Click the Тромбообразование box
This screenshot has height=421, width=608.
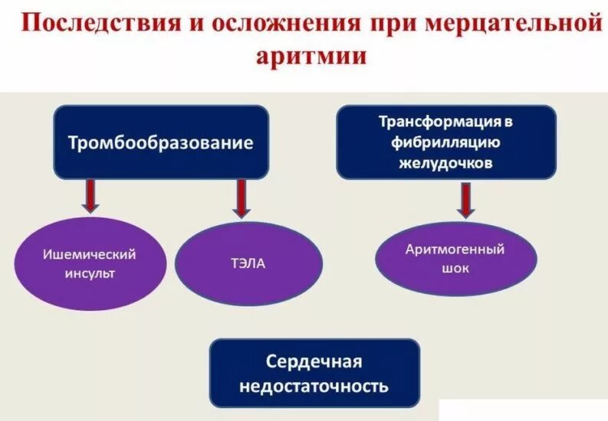(160, 142)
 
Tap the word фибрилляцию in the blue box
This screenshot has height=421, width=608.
(445, 142)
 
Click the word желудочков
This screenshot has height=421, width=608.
(445, 163)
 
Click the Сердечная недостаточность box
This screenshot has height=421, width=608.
(314, 373)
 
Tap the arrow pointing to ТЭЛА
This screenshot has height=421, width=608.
(242, 197)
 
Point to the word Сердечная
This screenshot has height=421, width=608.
(314, 361)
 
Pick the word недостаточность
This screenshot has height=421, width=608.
(314, 385)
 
